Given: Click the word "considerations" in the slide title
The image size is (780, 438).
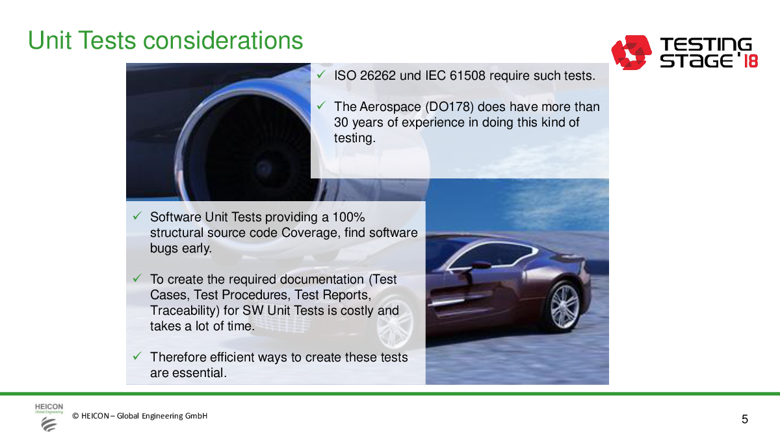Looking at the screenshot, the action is click(x=223, y=40).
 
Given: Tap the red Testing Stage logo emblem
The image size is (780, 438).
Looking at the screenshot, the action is click(x=631, y=53).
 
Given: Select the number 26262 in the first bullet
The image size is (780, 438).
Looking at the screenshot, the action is click(x=378, y=75).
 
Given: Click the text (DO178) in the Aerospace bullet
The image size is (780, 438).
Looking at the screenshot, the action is click(x=450, y=106).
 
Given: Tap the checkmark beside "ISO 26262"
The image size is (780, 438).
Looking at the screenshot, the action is click(x=321, y=74).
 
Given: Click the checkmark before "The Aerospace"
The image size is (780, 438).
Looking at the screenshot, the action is click(x=321, y=105).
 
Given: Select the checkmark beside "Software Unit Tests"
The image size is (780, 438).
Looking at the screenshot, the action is click(x=137, y=215).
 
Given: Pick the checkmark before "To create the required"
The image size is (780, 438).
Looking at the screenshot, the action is click(x=137, y=278).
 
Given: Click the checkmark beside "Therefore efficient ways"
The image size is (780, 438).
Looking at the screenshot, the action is click(x=137, y=356).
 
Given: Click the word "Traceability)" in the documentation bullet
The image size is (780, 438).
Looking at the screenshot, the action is click(x=185, y=310).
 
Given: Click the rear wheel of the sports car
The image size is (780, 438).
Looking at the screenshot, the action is click(x=562, y=306).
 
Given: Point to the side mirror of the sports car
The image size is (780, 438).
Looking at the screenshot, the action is click(x=481, y=265).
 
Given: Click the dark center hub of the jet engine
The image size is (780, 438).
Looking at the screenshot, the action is click(x=264, y=169).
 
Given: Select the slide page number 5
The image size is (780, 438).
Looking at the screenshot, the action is click(x=744, y=419).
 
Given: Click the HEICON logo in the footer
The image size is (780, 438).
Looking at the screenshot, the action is click(x=49, y=417).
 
